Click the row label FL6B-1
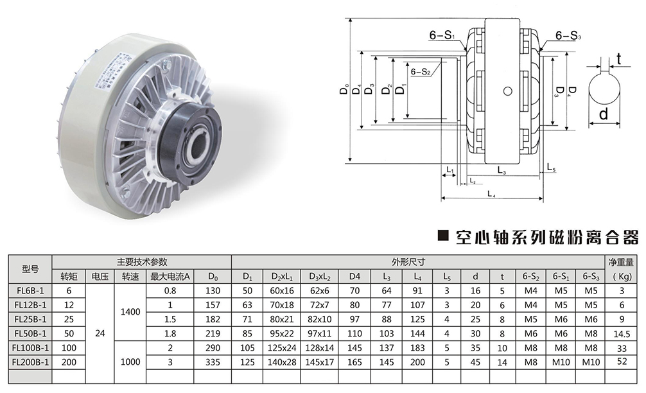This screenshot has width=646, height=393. coord(30,290)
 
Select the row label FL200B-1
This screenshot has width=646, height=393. coord(30,362)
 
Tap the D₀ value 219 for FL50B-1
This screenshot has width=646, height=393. coord(213,333)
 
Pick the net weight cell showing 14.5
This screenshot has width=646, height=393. coord(622,334)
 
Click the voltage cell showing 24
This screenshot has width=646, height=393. coord(100,333)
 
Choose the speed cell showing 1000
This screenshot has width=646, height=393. coord(130,362)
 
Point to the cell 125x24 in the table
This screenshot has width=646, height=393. coord(282,347)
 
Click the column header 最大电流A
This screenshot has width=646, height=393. coord(170,276)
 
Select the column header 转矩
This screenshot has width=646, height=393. coord(69,276)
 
